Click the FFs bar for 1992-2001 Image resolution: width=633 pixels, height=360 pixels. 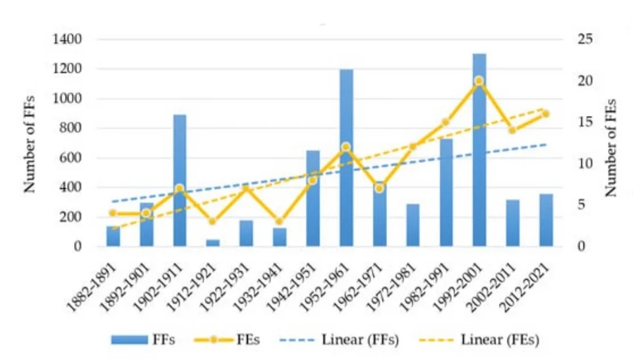(479, 152)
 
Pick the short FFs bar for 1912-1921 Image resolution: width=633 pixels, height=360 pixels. (213, 243)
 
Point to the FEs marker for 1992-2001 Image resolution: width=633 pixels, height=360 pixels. (479, 81)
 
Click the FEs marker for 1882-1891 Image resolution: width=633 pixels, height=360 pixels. (113, 213)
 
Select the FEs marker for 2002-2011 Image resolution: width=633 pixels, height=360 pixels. (512, 130)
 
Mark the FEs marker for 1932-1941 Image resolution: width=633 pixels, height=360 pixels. (279, 222)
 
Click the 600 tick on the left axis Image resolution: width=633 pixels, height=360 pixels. (71, 158)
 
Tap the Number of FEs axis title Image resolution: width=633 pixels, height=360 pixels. (611, 147)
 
